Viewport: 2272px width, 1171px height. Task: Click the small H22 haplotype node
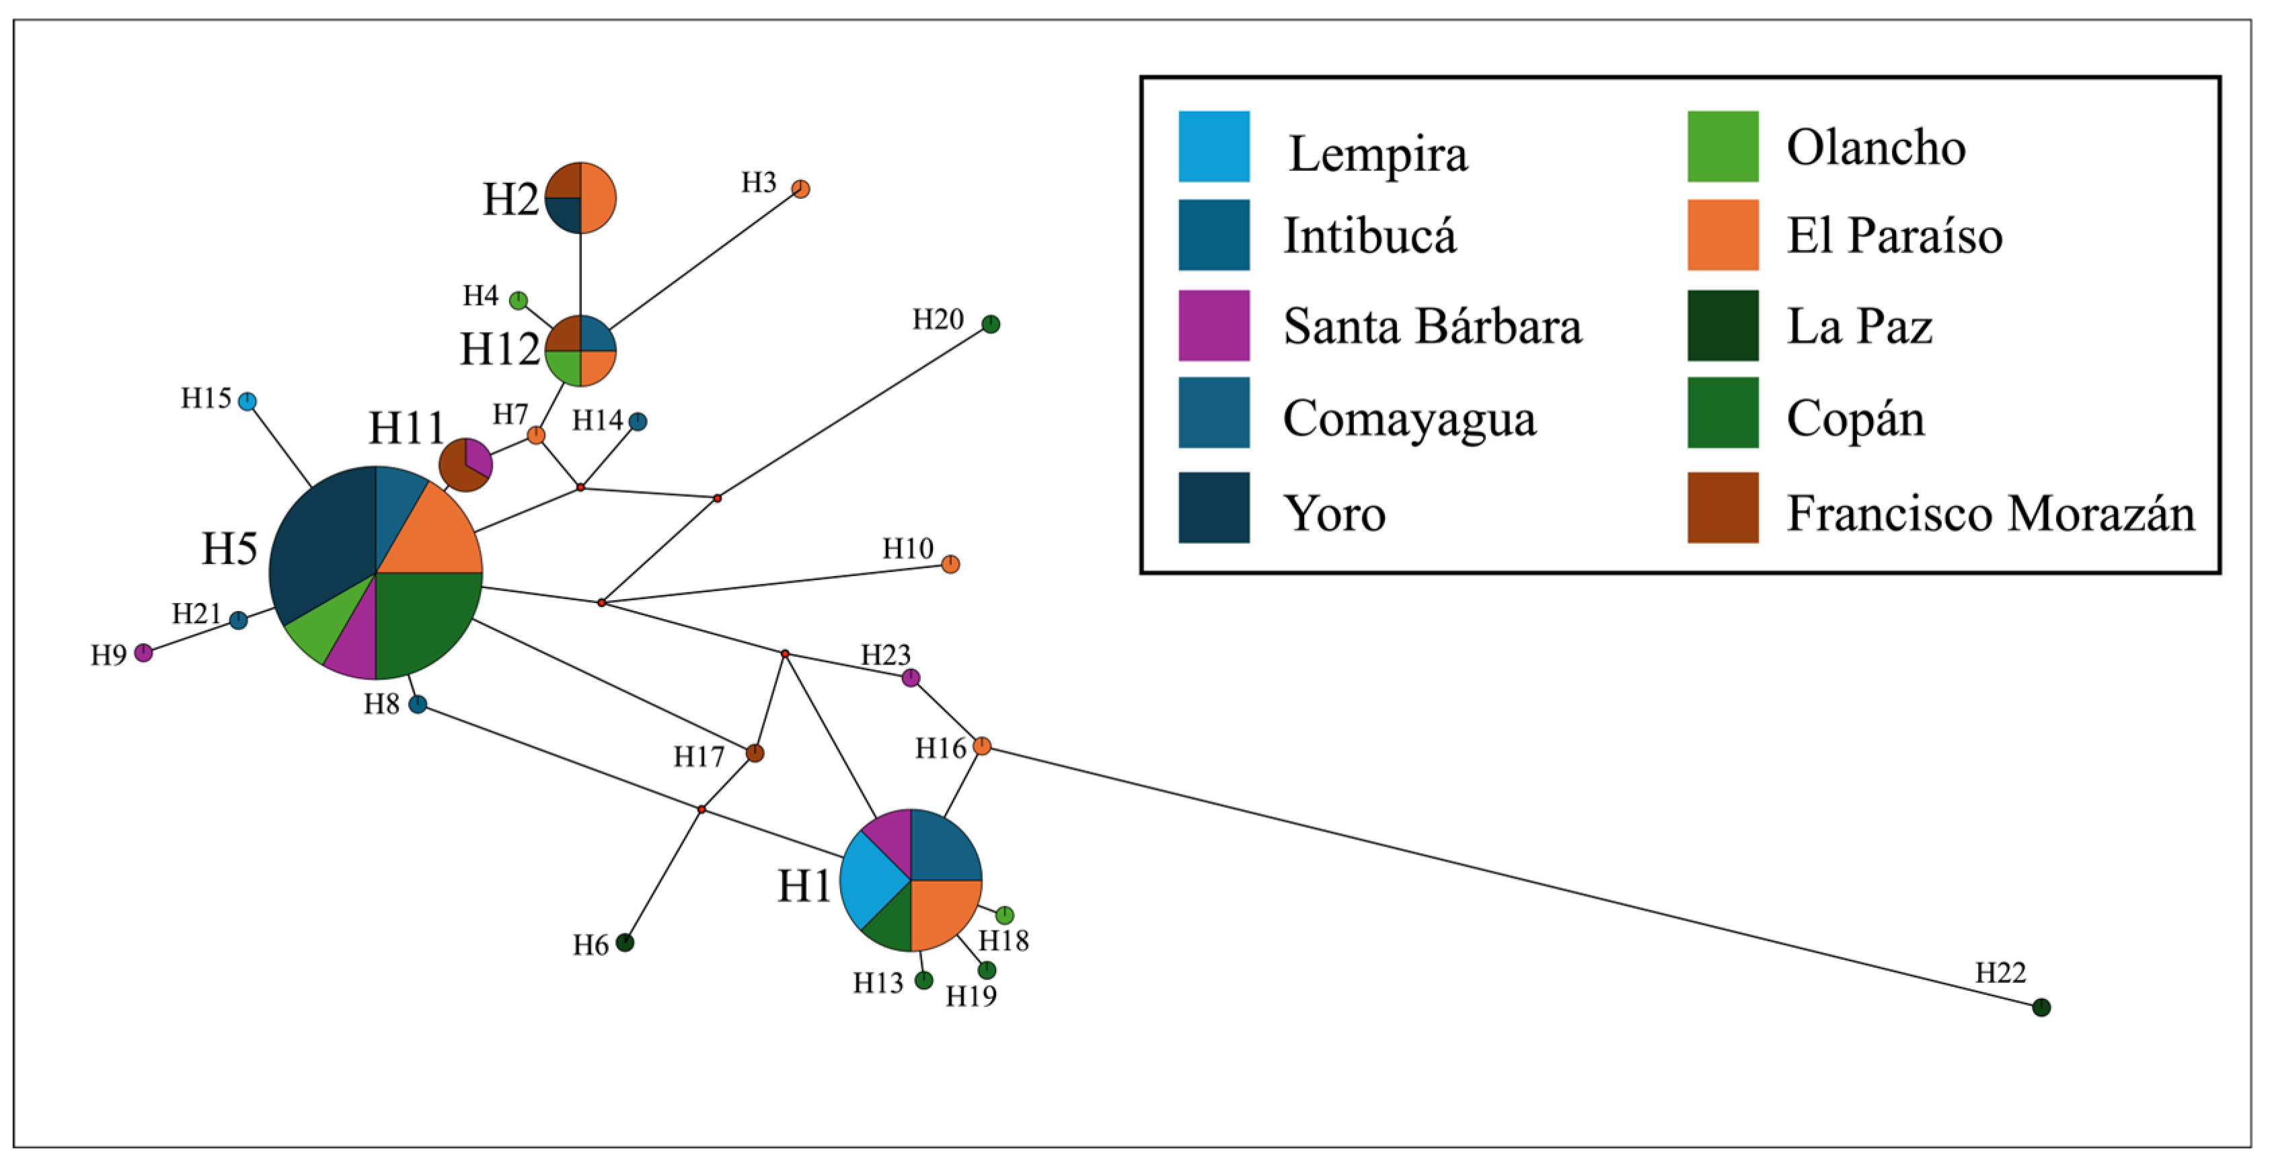(2041, 1007)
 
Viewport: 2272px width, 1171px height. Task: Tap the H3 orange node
(800, 189)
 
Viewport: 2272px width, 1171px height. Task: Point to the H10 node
(950, 563)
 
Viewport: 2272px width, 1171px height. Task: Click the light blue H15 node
(248, 401)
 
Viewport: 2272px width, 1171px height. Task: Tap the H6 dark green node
(624, 942)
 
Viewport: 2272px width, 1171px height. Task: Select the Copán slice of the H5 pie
(423, 617)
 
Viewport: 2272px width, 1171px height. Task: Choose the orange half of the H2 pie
(598, 198)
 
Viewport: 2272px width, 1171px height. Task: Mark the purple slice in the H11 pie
(477, 456)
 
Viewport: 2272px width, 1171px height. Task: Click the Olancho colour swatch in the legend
(1722, 147)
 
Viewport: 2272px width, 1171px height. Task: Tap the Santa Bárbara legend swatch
(1213, 325)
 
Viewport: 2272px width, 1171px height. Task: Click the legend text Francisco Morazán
(1990, 512)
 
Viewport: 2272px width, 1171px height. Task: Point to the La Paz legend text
(1859, 326)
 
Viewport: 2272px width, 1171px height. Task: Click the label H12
(499, 349)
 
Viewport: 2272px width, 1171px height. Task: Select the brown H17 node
(754, 752)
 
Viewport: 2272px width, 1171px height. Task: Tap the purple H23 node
(910, 677)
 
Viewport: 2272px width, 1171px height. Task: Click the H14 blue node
(638, 421)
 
